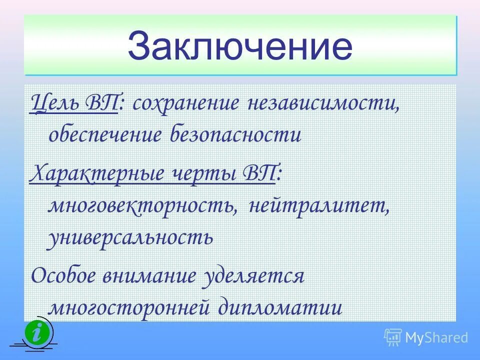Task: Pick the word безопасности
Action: pos(235,134)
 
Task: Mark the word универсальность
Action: pos(130,237)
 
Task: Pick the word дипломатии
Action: pos(280,306)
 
